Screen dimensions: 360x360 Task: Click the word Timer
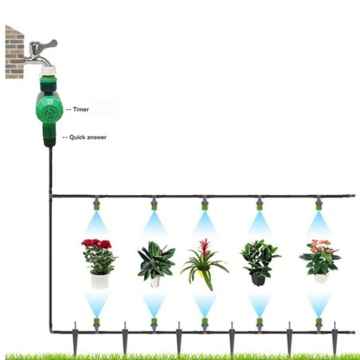point(81,109)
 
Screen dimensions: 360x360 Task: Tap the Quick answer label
point(88,137)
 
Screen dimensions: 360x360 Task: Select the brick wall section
point(14,52)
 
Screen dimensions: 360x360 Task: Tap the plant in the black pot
point(260,259)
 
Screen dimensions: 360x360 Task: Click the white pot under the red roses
point(99,281)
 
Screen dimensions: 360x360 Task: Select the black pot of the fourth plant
point(258,279)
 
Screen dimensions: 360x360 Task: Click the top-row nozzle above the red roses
point(96,206)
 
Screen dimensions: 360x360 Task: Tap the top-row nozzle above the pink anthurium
point(319,206)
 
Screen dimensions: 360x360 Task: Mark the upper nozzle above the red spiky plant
point(205,206)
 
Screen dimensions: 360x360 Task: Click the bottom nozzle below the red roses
point(96,323)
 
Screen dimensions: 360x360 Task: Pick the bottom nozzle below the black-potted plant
point(260,323)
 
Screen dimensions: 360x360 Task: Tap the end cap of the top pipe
point(352,196)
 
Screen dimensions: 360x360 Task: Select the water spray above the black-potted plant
point(260,223)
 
